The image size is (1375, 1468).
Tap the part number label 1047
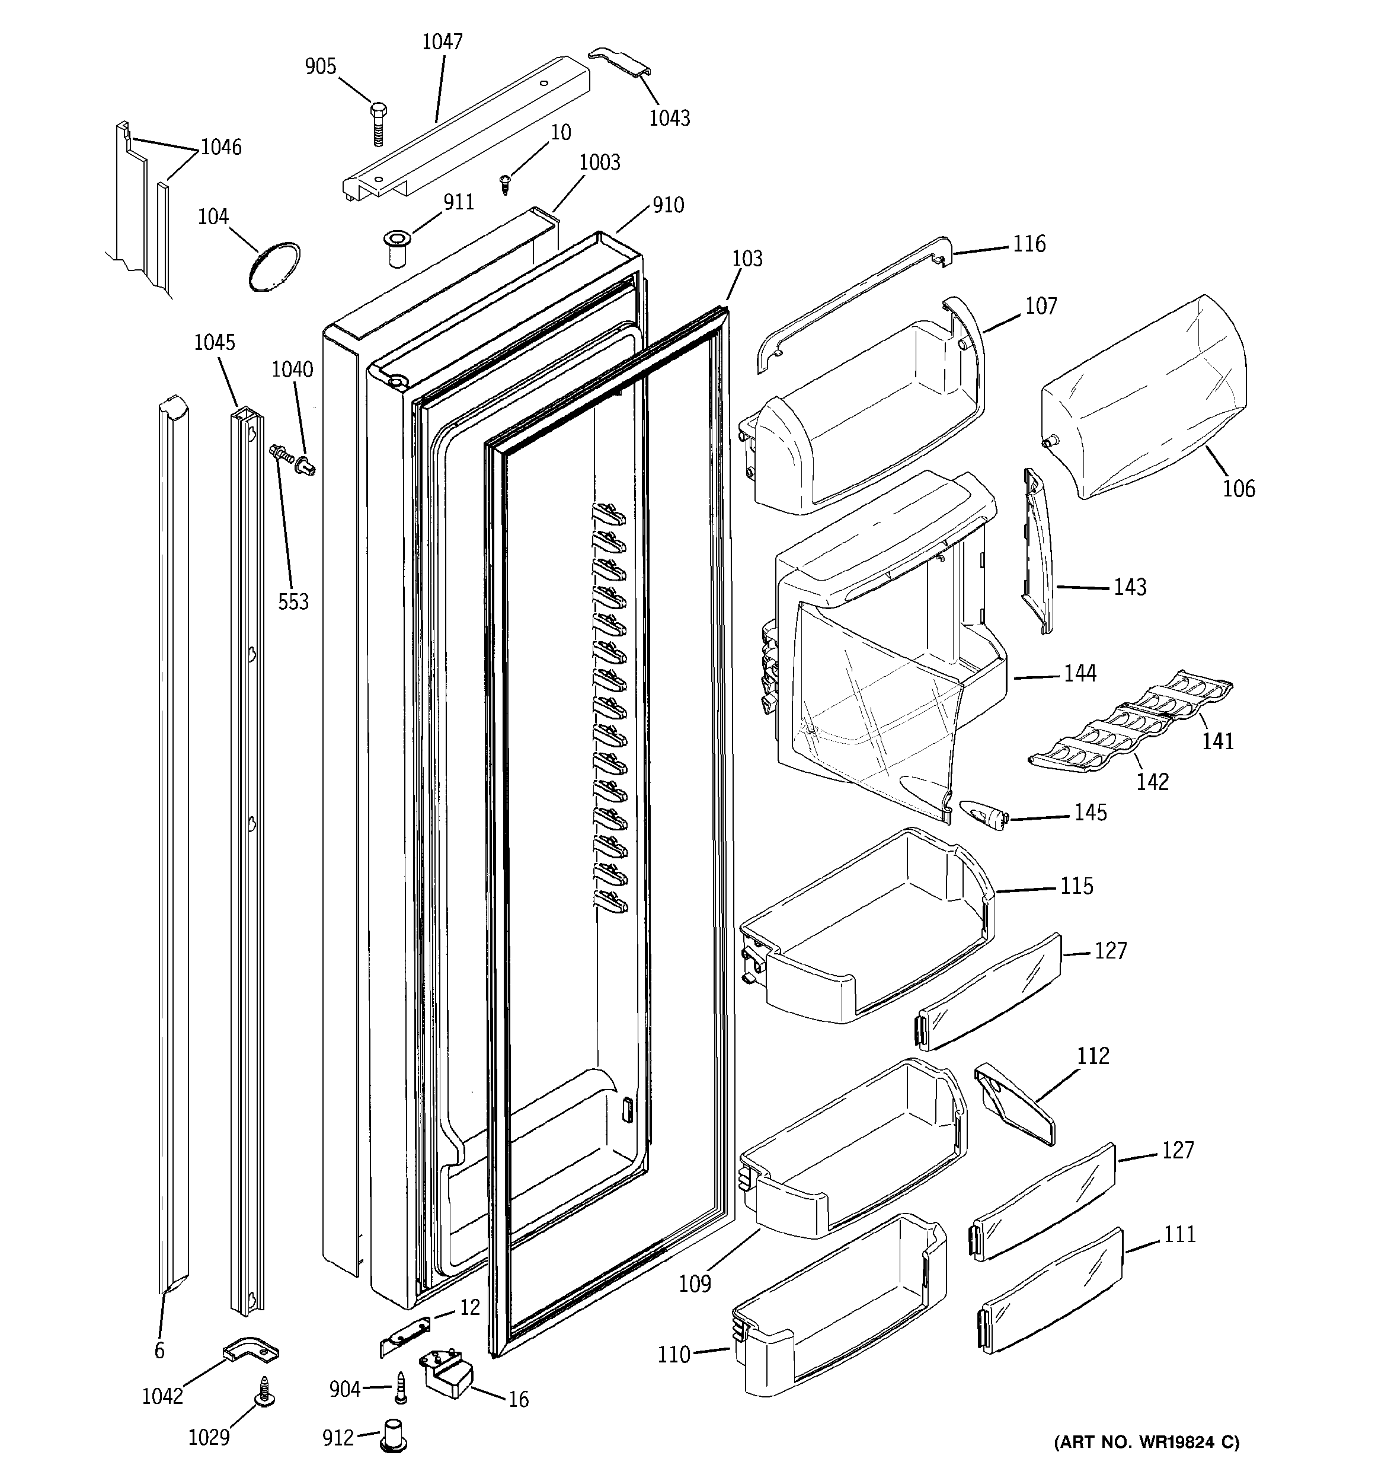coord(442,42)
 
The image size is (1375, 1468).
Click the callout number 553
coord(293,602)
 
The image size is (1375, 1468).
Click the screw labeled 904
coord(401,1389)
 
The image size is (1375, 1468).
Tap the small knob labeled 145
coord(981,815)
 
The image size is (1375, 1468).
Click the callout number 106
coord(1239,488)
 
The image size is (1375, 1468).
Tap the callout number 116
coord(1029,244)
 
